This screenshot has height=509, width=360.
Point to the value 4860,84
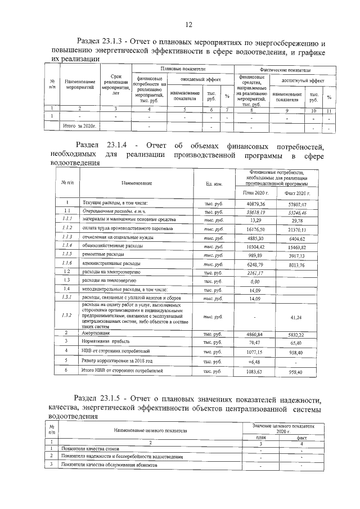253,334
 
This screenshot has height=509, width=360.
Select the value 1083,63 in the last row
253,372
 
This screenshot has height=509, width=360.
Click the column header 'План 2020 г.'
253,193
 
